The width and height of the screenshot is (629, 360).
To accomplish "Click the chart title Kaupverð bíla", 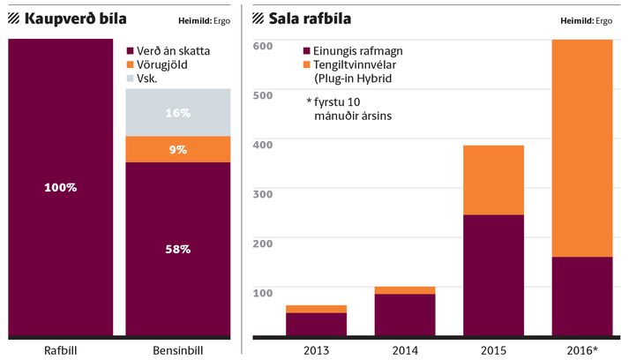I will point(77,18).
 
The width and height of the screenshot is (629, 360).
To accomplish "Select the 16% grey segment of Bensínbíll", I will point(178,113).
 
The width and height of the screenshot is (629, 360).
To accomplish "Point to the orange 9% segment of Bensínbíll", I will point(178,149).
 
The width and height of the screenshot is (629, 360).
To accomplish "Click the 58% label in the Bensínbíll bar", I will point(178,249).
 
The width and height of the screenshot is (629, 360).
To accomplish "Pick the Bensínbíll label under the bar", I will point(178,350).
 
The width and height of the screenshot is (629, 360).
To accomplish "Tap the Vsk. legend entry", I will point(153,79).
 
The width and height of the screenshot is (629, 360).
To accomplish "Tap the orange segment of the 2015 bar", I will point(493,180).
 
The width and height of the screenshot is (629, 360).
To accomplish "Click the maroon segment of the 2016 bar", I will point(581,296).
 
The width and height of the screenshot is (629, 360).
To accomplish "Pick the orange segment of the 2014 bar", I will point(404,289).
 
